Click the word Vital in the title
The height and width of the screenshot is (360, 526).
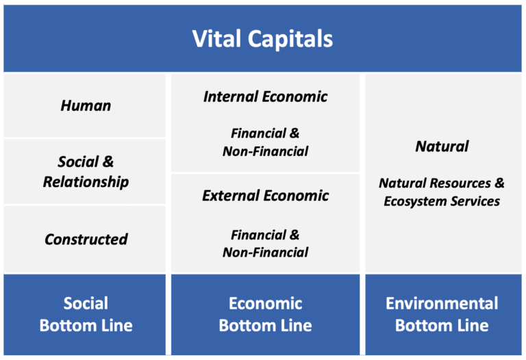pos(216,38)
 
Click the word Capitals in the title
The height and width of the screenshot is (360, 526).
pos(290,40)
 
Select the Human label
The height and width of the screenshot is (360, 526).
pos(86,105)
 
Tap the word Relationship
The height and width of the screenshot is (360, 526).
pos(86,182)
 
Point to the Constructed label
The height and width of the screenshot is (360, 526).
pos(86,240)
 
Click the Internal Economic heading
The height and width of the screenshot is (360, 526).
pos(265,97)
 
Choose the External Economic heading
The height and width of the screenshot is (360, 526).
pos(265,196)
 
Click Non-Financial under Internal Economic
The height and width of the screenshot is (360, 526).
pos(265,151)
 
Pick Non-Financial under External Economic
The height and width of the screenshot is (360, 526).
pos(265,252)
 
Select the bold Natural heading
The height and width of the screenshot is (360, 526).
pos(442,146)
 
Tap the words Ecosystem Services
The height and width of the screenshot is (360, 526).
pos(442,201)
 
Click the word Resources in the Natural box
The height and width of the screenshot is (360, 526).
pos(460,183)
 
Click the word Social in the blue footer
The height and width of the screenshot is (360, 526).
pos(86,303)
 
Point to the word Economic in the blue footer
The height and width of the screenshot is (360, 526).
pos(265,303)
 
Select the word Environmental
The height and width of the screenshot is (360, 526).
pos(442,303)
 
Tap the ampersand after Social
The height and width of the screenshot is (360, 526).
pos(108,162)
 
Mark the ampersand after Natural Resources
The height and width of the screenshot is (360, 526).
pos(499,183)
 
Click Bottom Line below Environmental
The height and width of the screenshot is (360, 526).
pos(442,326)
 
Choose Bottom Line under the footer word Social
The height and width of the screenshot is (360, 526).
pos(86,326)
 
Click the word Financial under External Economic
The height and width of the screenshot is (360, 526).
pos(258,235)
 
